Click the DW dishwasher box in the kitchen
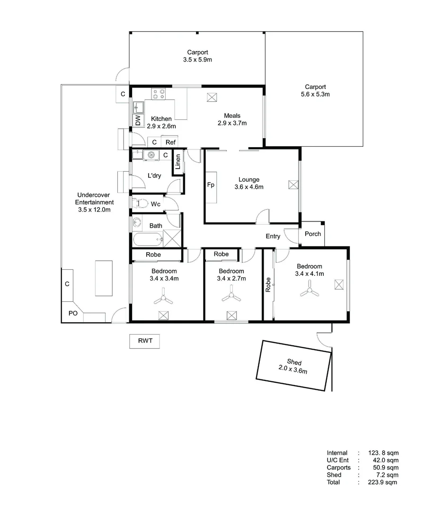[x=138, y=120]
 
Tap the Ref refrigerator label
[x=170, y=142]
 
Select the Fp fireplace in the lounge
[x=211, y=185]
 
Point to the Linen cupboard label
[x=178, y=162]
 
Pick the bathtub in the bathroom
[x=147, y=240]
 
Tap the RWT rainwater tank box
[x=144, y=341]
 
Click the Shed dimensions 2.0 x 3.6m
[x=292, y=370]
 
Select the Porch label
[x=312, y=234]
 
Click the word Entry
[x=273, y=236]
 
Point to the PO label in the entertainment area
[x=73, y=313]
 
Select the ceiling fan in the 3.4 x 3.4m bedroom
[x=163, y=298]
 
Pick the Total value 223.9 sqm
[x=382, y=482]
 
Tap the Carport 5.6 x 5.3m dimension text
[x=315, y=94]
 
